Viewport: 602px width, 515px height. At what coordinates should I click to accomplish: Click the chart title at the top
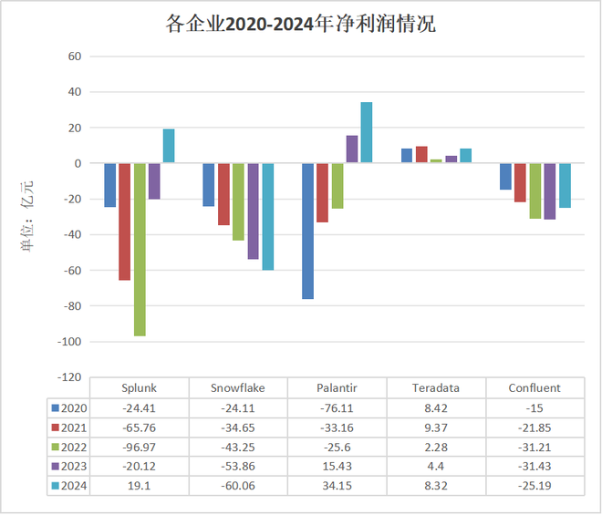pyautogui.click(x=300, y=25)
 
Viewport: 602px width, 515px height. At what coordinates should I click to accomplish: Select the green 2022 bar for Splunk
pyautogui.click(x=140, y=249)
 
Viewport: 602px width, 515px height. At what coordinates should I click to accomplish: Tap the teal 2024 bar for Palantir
pyautogui.click(x=367, y=132)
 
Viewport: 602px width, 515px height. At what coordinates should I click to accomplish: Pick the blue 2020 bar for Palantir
pyautogui.click(x=307, y=231)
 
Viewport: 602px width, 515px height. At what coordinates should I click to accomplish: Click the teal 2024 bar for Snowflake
pyautogui.click(x=268, y=216)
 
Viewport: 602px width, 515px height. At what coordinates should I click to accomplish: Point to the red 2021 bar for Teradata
pyautogui.click(x=421, y=155)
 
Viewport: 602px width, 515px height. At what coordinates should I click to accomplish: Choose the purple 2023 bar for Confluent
pyautogui.click(x=550, y=191)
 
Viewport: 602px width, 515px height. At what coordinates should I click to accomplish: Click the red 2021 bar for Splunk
pyautogui.click(x=125, y=221)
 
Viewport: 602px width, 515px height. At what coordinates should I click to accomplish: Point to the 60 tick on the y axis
pyautogui.click(x=74, y=57)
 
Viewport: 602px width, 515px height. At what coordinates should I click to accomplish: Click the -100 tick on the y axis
pyautogui.click(x=68, y=342)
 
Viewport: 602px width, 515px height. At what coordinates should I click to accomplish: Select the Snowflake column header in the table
pyautogui.click(x=238, y=387)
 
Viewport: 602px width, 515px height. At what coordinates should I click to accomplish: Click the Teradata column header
pyautogui.click(x=436, y=387)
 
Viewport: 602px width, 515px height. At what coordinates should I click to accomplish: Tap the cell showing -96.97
pyautogui.click(x=140, y=447)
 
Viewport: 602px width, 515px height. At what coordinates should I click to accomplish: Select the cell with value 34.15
pyautogui.click(x=337, y=487)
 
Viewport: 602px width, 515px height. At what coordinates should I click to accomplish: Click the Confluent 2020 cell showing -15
pyautogui.click(x=535, y=407)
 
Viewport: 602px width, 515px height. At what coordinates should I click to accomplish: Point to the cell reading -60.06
pyautogui.click(x=238, y=487)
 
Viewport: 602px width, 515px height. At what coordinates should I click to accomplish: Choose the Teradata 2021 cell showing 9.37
pyautogui.click(x=436, y=427)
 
